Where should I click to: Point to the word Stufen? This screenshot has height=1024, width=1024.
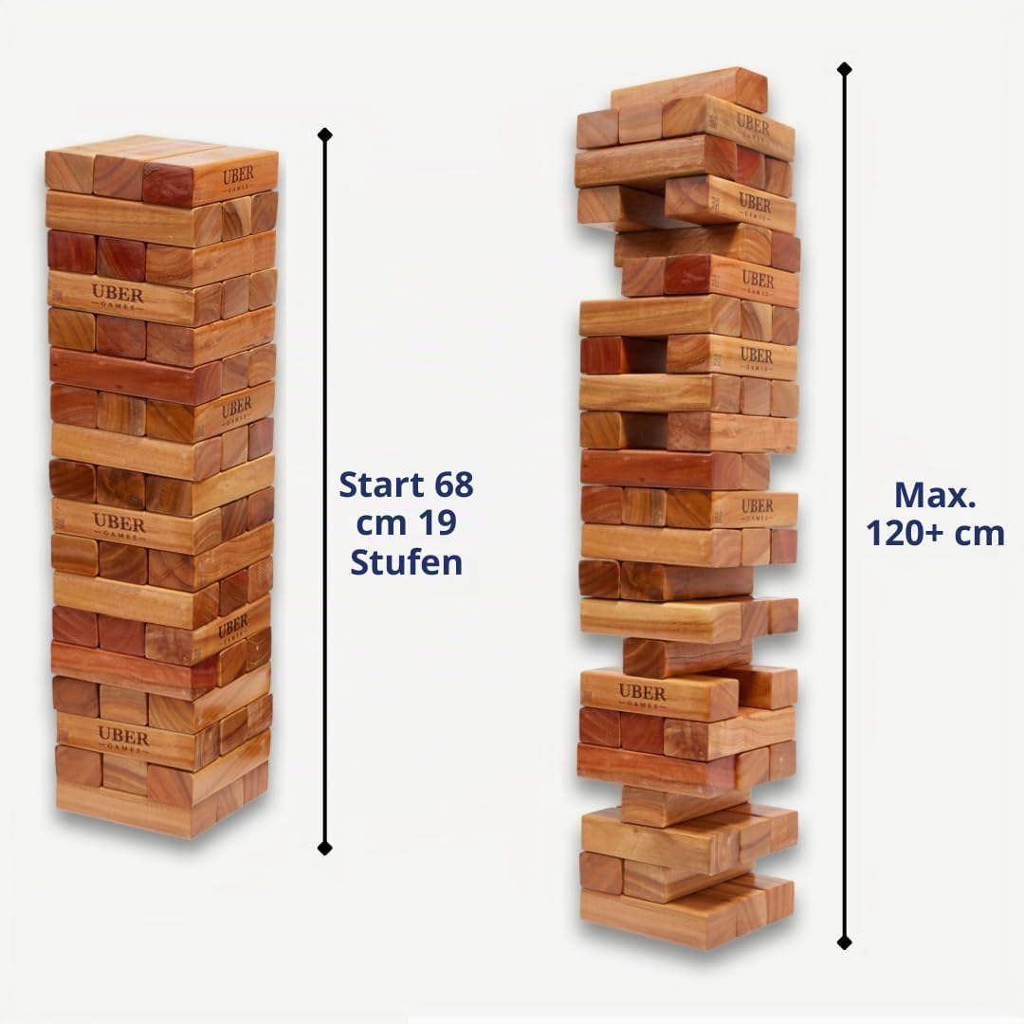[x=406, y=561]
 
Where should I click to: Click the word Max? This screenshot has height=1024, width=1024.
[x=935, y=495]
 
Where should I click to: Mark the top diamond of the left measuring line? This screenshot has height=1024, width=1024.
[x=324, y=136]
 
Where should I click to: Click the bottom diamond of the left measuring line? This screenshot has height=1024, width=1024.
[x=324, y=849]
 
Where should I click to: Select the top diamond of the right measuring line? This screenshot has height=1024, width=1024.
[x=845, y=68]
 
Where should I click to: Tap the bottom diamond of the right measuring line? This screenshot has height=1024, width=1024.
[x=845, y=942]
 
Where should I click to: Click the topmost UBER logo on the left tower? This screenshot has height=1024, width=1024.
[x=238, y=178]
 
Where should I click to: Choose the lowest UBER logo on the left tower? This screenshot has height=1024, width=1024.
[x=123, y=739]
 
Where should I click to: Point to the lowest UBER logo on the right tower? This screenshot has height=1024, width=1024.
[x=642, y=695]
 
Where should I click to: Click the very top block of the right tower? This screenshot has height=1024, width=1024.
[x=689, y=91]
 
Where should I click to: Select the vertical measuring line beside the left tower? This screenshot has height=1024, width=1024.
[x=324, y=492]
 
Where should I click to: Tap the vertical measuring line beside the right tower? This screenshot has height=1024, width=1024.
[x=845, y=505]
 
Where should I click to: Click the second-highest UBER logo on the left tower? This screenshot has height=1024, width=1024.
[x=118, y=297]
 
